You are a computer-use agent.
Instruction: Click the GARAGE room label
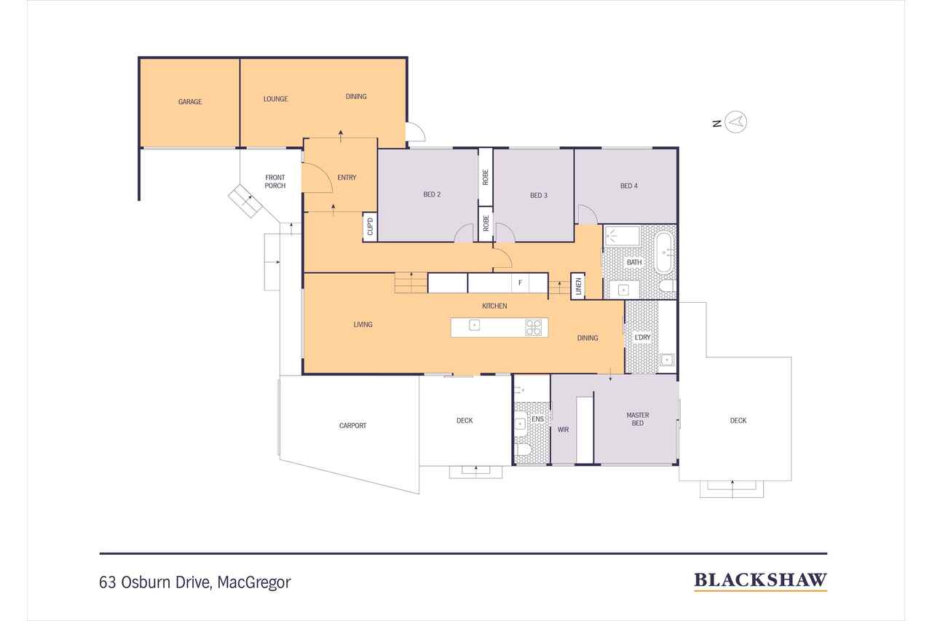pyautogui.click(x=190, y=102)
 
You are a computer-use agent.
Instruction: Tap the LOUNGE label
pyautogui.click(x=275, y=99)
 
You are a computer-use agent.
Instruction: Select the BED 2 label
pyautogui.click(x=432, y=194)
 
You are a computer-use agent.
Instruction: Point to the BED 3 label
pyautogui.click(x=539, y=195)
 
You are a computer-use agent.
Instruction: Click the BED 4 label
pyautogui.click(x=629, y=186)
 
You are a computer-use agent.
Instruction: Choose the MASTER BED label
pyautogui.click(x=638, y=419)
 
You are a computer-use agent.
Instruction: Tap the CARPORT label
pyautogui.click(x=352, y=426)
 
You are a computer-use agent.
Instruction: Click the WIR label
pyautogui.click(x=563, y=430)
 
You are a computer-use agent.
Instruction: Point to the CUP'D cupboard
pyautogui.click(x=370, y=226)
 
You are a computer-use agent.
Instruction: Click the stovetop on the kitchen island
pyautogui.click(x=534, y=328)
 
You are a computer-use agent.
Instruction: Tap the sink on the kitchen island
pyautogui.click(x=474, y=325)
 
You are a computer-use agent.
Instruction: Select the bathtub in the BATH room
pyautogui.click(x=666, y=253)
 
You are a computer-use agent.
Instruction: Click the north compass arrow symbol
pyautogui.click(x=738, y=122)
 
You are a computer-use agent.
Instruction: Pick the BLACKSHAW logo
pyautogui.click(x=760, y=580)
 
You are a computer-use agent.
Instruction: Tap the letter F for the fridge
pyautogui.click(x=520, y=282)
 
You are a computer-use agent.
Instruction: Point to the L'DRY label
pyautogui.click(x=642, y=338)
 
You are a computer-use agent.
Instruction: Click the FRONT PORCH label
pyautogui.click(x=275, y=181)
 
